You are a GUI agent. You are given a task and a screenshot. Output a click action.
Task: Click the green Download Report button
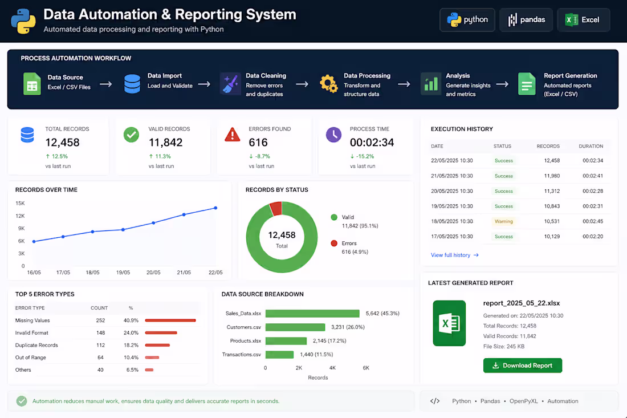coord(522,365)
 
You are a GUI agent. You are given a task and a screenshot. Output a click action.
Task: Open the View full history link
coord(454,255)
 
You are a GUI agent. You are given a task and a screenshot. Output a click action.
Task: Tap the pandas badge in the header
coord(526,19)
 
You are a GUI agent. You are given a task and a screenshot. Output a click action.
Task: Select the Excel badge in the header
coord(583,19)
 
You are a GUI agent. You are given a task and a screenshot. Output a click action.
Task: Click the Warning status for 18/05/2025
coord(503,221)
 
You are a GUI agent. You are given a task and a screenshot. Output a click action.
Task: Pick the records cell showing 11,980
coord(552,176)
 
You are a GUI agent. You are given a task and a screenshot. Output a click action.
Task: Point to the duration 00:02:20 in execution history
coord(593,237)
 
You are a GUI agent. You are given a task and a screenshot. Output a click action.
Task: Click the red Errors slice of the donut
coord(276,208)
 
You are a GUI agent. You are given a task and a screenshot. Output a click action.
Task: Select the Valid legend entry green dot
coord(334,217)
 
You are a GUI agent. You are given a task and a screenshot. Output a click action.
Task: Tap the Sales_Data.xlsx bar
coord(312,313)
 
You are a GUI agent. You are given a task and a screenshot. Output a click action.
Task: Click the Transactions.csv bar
coord(279,354)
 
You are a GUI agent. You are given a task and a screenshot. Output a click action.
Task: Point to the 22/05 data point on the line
coord(215,208)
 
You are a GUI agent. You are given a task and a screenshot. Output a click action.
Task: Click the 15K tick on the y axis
coord(20,203)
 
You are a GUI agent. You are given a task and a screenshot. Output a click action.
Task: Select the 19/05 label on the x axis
coord(123,273)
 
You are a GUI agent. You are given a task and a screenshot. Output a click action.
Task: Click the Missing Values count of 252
coord(100,320)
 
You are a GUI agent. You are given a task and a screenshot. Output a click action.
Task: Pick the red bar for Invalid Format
coord(161,333)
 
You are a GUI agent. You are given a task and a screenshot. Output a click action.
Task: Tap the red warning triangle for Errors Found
coord(233,135)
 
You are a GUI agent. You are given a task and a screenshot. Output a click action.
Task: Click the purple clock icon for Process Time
coord(333,135)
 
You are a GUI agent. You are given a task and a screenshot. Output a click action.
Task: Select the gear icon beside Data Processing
coord(328,84)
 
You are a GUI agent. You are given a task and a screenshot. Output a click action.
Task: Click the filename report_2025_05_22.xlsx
coord(522,303)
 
